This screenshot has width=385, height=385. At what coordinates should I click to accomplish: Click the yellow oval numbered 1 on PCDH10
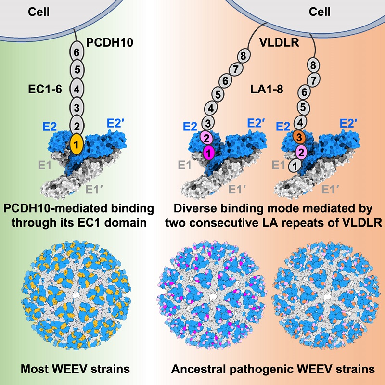point(77,143)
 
